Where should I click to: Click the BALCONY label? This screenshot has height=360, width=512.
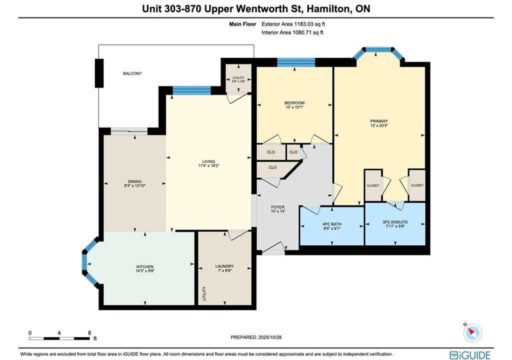(x=132, y=73)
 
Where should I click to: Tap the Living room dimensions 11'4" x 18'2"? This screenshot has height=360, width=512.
(x=208, y=165)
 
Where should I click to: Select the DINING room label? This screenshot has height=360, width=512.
(x=134, y=181)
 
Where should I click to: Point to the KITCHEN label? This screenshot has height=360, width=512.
(x=144, y=266)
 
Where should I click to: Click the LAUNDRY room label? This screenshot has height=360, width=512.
(x=224, y=266)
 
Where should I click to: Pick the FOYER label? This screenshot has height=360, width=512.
(x=278, y=207)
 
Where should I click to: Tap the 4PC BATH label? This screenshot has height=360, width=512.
(x=332, y=224)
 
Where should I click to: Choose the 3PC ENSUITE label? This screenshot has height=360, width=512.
(x=395, y=222)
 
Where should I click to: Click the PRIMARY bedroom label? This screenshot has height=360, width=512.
(x=379, y=121)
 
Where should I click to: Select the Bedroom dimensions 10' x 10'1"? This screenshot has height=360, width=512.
(x=294, y=107)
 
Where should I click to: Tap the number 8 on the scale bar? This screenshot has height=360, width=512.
(x=89, y=333)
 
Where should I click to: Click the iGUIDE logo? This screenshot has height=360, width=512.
(x=470, y=355)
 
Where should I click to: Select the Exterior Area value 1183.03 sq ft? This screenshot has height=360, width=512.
(x=309, y=24)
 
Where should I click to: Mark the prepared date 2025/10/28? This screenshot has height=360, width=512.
(x=269, y=337)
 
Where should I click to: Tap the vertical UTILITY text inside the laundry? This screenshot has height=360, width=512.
(x=204, y=293)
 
